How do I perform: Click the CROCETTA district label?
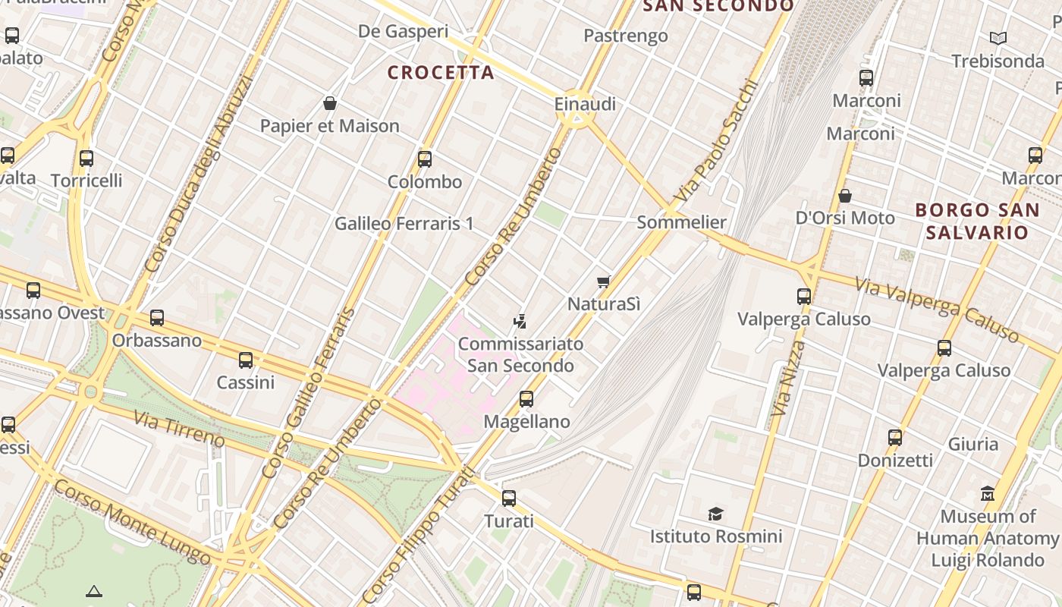click(441, 73)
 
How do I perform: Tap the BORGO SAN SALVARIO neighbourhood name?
click(976, 221)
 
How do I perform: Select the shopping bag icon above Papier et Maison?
click(330, 103)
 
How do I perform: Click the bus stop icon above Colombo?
click(425, 159)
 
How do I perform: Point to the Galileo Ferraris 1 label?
click(404, 224)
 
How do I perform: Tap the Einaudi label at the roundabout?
click(585, 104)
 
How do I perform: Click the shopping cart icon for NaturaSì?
click(604, 282)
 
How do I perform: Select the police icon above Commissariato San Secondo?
click(520, 321)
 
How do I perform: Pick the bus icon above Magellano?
click(526, 399)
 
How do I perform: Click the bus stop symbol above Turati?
click(509, 498)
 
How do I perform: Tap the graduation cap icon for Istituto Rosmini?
click(715, 514)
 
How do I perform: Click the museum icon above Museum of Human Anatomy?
click(988, 494)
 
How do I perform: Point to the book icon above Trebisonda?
click(998, 38)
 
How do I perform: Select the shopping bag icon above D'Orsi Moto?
click(845, 197)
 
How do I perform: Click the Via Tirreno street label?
click(180, 429)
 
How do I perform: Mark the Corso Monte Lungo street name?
click(133, 523)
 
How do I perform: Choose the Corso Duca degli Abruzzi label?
click(198, 175)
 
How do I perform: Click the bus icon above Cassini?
click(246, 360)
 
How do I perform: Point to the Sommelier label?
click(682, 222)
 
